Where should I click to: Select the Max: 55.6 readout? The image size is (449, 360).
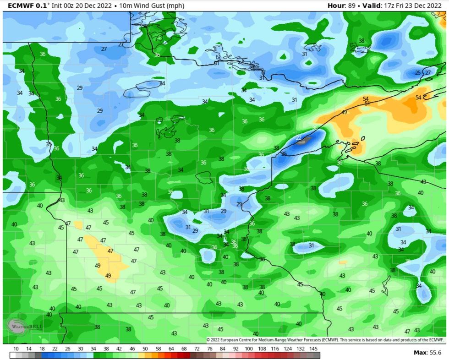(x=427, y=353)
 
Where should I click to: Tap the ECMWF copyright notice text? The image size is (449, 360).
(x=325, y=340)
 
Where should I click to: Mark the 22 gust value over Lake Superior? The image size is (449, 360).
(x=299, y=137)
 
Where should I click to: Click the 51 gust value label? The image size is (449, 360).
(x=367, y=104)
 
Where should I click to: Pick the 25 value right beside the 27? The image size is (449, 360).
(x=417, y=73)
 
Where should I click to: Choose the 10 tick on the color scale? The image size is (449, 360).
(x=16, y=349)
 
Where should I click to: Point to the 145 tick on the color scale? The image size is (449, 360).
(x=314, y=349)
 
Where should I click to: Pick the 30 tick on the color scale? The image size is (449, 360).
(x=80, y=349)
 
